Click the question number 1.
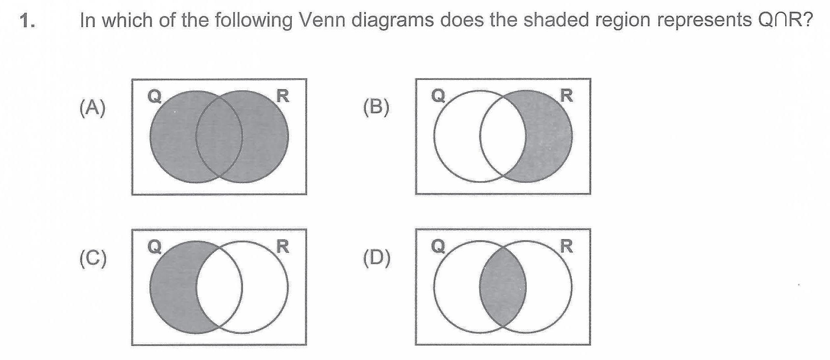pos(27,21)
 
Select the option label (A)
pos(92,108)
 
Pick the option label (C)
pos(93,258)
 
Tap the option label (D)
pos(376,258)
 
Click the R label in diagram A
pos(283,96)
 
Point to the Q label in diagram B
pos(438,96)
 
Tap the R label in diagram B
pos(566,96)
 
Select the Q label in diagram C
pos(155,246)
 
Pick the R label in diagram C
pos(283,246)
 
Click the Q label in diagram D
pos(438,246)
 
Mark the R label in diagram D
pos(566,246)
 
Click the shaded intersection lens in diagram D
pos(503,287)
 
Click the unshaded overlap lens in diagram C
pos(219,287)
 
